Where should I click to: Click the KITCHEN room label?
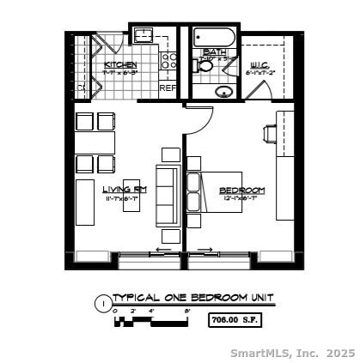pos(119,65)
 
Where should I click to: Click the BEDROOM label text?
pos(241,190)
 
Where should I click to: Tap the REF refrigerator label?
pos(168,88)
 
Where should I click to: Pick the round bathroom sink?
pos(223,91)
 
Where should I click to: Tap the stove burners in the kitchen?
pos(169,60)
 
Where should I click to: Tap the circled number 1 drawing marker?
pos(103,302)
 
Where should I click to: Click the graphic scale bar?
pos(150,321)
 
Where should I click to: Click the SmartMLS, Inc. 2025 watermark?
pos(292,352)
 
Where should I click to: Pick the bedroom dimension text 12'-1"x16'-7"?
pos(241,199)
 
